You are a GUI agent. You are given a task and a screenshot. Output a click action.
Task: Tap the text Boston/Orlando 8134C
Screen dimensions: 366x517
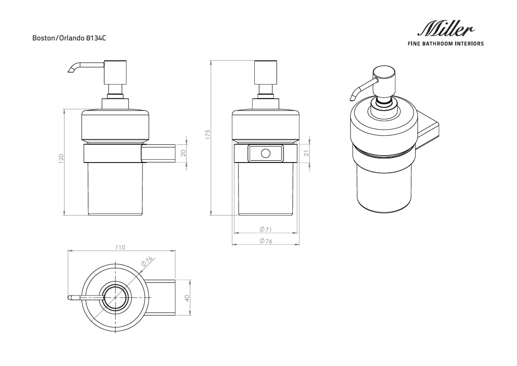[69, 39]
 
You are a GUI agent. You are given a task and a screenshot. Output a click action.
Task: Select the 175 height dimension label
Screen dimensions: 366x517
[208, 135]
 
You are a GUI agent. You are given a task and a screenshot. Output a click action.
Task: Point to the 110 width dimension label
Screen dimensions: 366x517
[120, 248]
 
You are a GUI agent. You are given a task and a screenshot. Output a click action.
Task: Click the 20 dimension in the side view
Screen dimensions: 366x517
[183, 153]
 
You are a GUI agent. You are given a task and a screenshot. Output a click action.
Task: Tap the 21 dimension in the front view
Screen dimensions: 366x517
[306, 153]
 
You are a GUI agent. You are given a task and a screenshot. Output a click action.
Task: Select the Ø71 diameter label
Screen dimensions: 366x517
[265, 229]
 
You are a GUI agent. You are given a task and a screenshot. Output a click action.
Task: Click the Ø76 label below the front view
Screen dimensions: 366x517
[265, 241]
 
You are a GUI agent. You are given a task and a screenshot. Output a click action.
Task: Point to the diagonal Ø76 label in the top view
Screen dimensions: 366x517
[147, 262]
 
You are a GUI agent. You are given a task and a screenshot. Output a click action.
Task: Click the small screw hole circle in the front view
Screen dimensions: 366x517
[265, 153]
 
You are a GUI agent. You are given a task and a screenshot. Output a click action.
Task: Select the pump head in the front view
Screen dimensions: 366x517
[265, 72]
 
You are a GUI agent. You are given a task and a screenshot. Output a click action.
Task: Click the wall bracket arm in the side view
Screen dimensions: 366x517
[159, 153]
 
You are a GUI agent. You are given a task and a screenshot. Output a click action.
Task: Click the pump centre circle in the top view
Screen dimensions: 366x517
[114, 298]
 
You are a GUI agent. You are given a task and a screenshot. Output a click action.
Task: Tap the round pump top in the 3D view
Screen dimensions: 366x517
[385, 75]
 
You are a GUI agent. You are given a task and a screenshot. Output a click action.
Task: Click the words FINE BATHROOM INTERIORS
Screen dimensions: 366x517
[446, 44]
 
